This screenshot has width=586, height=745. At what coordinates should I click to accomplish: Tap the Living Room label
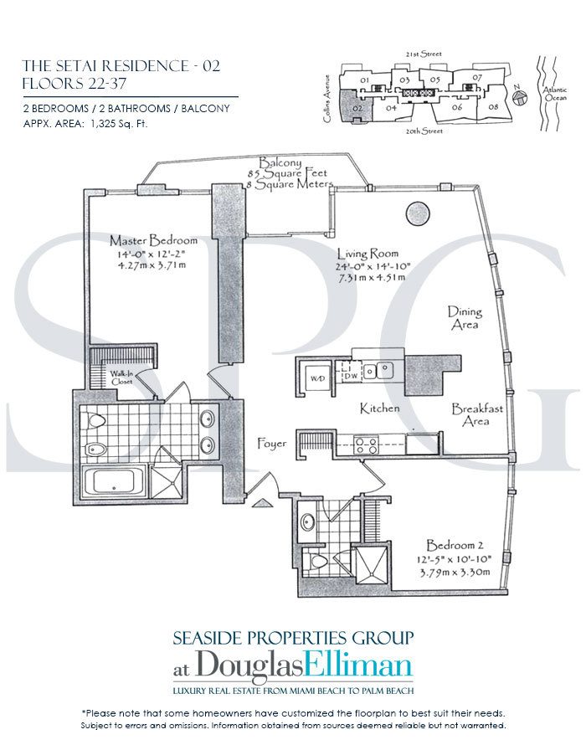click(x=368, y=253)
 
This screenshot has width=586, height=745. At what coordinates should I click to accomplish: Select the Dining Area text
click(x=465, y=316)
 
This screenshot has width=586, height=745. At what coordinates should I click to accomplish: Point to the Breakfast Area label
click(x=477, y=415)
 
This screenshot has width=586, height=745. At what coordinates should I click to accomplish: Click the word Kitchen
click(x=379, y=408)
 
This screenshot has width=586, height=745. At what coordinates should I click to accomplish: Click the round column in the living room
click(x=418, y=213)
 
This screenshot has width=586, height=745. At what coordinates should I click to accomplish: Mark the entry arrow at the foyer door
click(x=260, y=502)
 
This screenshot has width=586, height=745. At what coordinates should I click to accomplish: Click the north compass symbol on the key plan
click(x=520, y=98)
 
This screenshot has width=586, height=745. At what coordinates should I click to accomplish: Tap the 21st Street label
click(x=426, y=53)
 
